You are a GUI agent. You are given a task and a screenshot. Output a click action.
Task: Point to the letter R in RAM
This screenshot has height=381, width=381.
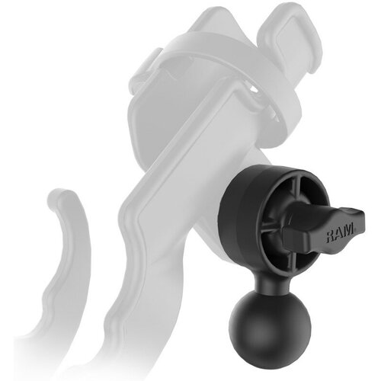tap(331, 235)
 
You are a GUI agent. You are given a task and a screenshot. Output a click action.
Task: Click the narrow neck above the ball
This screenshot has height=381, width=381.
tap(270, 283)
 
